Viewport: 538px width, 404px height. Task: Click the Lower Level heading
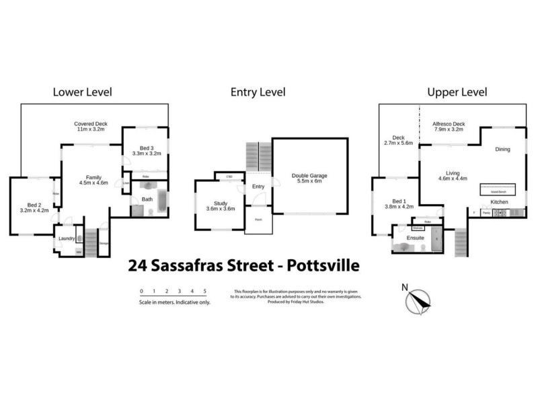pos(82,92)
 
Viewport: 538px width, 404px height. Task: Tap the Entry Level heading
pos(258,92)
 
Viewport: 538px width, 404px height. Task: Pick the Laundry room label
pos(66,238)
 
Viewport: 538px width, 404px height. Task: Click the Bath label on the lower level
pos(148,199)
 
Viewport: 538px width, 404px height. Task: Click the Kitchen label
pos(498,202)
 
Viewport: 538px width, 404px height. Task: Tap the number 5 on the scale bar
pos(204,291)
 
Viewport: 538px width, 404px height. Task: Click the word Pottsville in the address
pos(320,265)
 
